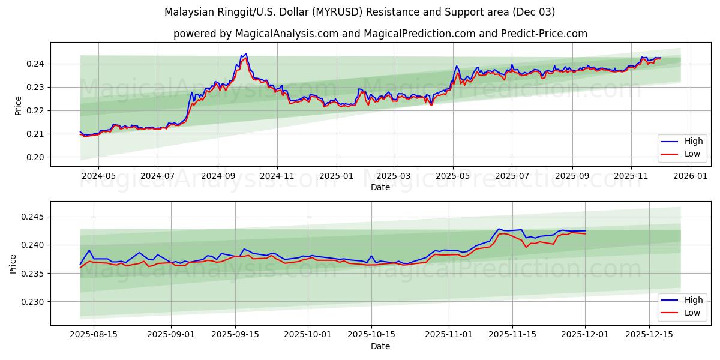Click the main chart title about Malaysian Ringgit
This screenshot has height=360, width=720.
click(x=359, y=12)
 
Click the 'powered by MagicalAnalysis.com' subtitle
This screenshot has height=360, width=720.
click(x=380, y=34)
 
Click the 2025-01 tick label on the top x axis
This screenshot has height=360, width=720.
click(x=336, y=176)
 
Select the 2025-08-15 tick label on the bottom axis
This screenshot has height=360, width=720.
click(x=93, y=335)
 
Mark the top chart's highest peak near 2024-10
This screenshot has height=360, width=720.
click(x=246, y=54)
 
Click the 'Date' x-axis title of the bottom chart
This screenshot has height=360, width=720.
click(x=380, y=346)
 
